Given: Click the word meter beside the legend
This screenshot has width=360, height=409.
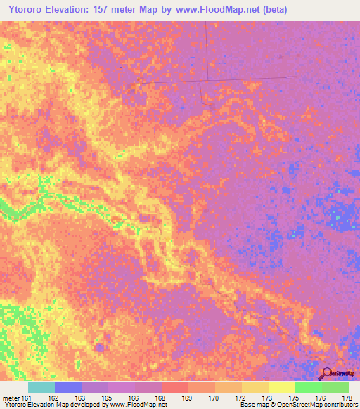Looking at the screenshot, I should click(x=10, y=398).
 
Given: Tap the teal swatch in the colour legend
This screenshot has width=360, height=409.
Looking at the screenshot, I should click(x=41, y=387).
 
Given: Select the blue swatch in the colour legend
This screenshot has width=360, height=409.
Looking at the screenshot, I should click(x=68, y=387).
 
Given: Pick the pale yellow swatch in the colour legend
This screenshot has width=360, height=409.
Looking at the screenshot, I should click(x=281, y=387).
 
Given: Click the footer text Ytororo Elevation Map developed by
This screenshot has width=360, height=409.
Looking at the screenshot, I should click(x=49, y=405).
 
